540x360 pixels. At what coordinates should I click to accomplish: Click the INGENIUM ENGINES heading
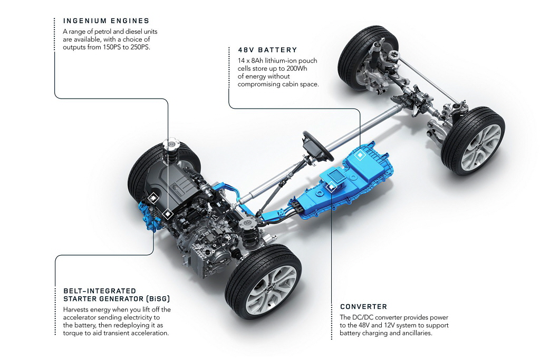point(106,21)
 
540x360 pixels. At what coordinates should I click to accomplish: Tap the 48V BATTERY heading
point(267,50)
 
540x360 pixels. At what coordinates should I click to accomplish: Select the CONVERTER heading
point(363,307)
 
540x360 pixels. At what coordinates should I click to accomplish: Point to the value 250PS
point(140,47)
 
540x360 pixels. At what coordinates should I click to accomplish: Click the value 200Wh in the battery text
point(296,69)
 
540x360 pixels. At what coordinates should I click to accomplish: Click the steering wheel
point(317,145)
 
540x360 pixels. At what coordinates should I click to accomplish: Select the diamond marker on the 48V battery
point(360,155)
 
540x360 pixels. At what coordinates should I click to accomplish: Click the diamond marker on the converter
point(331,187)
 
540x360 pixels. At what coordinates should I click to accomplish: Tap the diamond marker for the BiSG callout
point(153,198)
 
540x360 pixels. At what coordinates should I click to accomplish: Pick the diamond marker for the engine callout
point(167,214)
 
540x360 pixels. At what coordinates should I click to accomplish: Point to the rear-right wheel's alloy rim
point(481,147)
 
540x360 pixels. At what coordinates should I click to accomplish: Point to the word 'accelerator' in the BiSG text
point(80,317)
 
